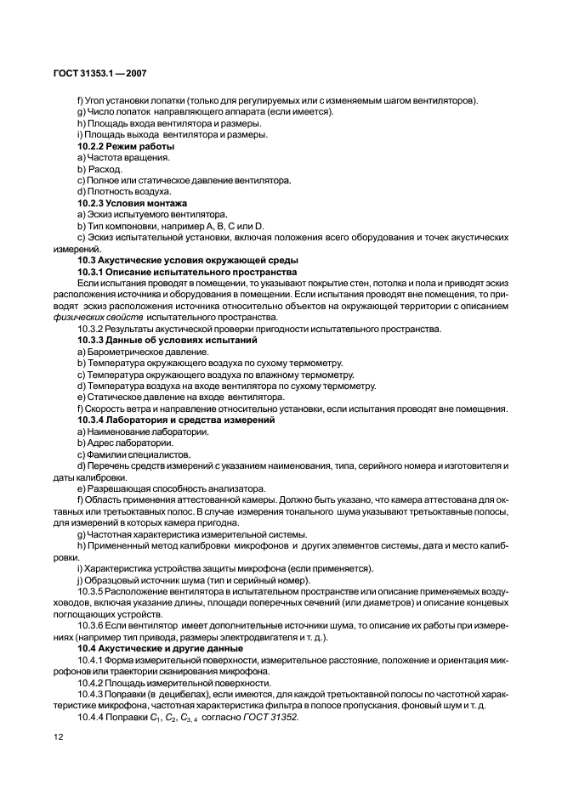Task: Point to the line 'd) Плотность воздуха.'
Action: point(123,192)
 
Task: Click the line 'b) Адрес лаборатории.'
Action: point(125,443)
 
